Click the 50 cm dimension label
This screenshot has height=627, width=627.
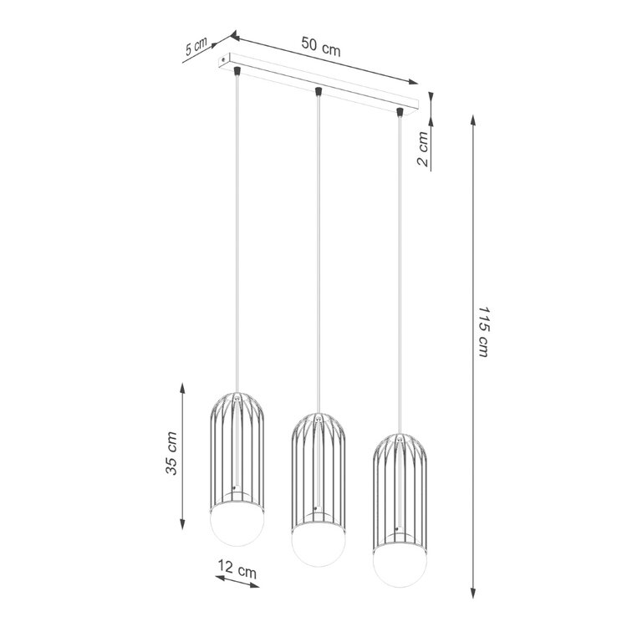coord(320,48)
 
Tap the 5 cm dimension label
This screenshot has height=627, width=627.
coord(196,48)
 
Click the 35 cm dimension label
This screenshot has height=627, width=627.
coord(172,454)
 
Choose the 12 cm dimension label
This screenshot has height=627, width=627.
coord(236,573)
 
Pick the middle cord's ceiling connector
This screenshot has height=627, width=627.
coord(319,90)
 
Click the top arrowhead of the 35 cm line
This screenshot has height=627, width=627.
coord(183,387)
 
